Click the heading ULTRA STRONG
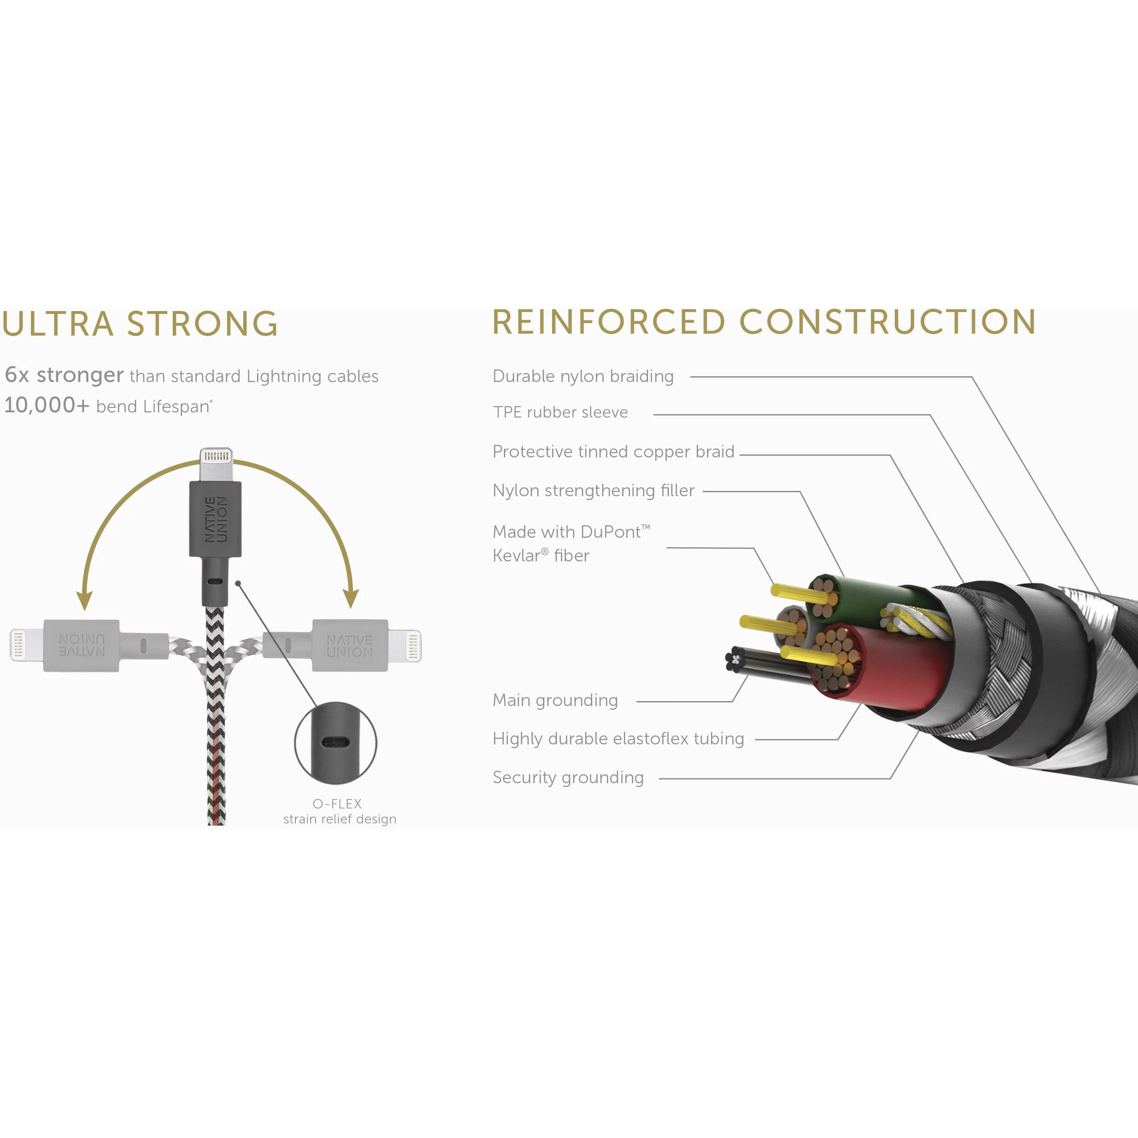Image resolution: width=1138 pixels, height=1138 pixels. tap(140, 324)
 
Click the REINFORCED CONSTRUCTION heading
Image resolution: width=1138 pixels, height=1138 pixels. tap(764, 322)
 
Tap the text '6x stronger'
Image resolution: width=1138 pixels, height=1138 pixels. tap(64, 375)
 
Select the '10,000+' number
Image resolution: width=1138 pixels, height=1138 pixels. tap(46, 405)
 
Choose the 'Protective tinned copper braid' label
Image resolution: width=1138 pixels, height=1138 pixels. tap(613, 452)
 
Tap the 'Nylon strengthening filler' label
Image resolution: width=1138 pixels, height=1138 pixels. tap(593, 490)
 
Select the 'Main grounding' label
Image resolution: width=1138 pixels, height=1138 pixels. tap(555, 700)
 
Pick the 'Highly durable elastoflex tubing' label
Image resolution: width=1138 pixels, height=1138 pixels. tap(618, 739)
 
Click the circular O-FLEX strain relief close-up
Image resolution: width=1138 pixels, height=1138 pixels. tap(335, 742)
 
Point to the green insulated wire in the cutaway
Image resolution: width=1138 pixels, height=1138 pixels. tap(866, 595)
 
